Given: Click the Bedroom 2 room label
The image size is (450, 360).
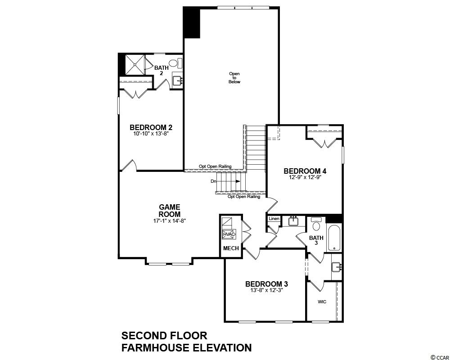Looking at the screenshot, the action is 151,127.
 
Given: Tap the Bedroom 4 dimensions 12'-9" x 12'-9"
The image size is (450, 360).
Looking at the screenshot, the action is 305,177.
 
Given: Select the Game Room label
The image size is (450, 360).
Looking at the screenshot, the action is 170,211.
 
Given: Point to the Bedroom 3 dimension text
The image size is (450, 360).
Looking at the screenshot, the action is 266,290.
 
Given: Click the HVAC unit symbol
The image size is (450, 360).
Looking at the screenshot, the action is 229,234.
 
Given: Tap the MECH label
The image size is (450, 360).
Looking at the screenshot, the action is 231,248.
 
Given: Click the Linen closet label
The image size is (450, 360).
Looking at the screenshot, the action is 274,219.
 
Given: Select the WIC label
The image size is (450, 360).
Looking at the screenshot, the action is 322,301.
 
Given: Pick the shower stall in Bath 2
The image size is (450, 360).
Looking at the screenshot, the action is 135,64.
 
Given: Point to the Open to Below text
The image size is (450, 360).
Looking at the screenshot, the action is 234,77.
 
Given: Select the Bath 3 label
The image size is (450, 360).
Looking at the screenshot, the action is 316,240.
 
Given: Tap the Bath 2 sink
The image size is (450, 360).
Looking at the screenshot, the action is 178,81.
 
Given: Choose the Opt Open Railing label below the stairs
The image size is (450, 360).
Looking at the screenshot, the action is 244,197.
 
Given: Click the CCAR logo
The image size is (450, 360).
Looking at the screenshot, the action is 439,357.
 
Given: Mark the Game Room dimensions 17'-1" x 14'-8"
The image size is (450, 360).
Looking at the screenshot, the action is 170,221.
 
